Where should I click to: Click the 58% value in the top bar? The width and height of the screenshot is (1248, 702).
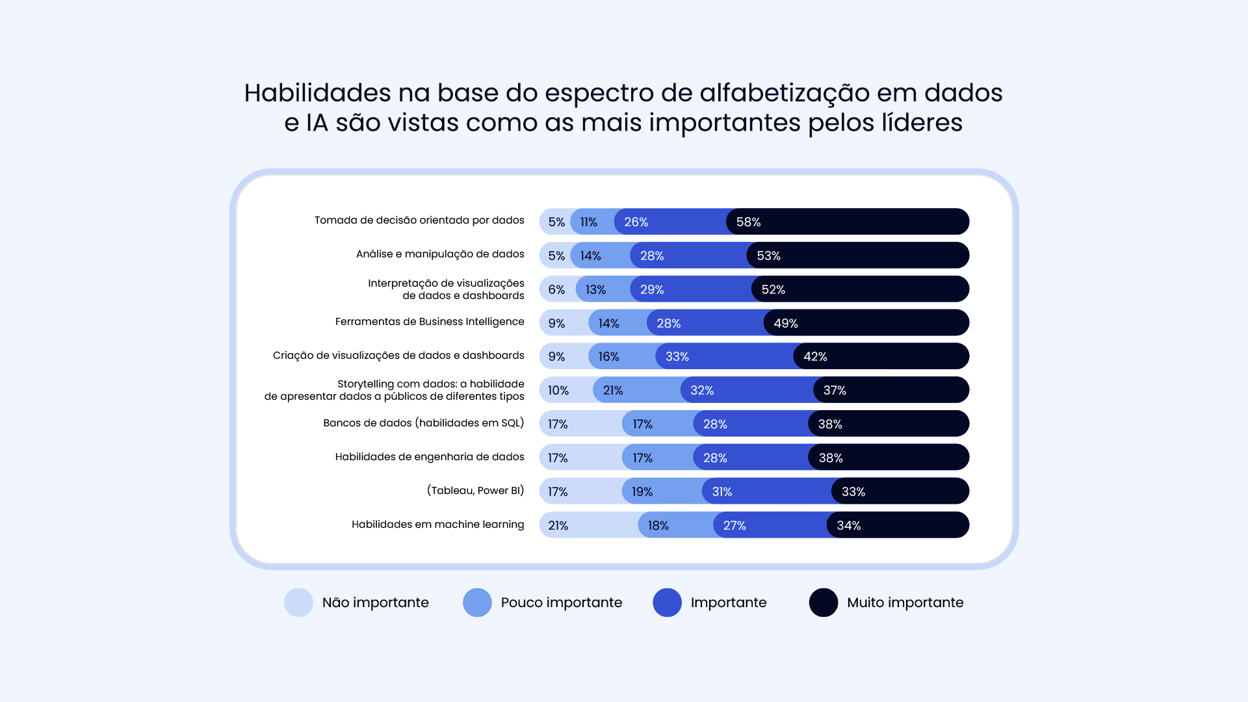coord(748,222)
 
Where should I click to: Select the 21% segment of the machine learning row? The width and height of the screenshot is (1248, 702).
coord(558,525)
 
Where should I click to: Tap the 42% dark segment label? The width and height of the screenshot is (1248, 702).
coord(815,357)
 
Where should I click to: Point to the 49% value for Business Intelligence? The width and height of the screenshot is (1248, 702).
coord(785,323)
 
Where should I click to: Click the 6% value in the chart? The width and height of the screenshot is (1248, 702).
coord(556,289)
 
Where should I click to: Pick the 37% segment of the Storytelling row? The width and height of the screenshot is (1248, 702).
coord(835,391)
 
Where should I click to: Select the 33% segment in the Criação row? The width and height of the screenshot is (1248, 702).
coord(677,357)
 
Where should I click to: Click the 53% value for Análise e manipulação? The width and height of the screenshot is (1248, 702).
coord(768,256)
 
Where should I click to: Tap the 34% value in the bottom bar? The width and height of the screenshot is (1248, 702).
coord(848,525)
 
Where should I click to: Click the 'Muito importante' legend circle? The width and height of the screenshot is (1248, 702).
coord(823,603)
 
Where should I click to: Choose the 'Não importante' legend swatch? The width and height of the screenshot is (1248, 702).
coord(298,603)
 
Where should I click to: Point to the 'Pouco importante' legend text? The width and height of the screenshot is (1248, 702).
coord(561,603)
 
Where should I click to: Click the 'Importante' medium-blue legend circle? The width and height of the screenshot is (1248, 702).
coord(667,603)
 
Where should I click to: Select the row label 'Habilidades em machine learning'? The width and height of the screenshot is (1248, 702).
coord(437,525)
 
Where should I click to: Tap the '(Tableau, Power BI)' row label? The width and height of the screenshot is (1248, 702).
coord(475,491)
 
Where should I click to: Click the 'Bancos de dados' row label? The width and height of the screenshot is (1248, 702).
coord(423,423)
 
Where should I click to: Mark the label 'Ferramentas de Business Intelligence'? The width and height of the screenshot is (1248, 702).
coord(430,322)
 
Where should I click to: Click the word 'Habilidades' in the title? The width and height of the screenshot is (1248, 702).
coord(317,93)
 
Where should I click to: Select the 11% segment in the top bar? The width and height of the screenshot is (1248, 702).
coord(588,222)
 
